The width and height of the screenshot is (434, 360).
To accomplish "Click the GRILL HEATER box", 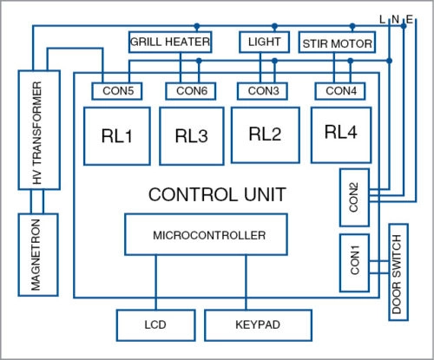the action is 170,42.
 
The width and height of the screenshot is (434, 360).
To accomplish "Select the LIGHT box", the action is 265,42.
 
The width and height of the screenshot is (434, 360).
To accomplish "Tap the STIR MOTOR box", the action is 337,43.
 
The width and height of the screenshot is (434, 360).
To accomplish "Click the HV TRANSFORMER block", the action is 39,130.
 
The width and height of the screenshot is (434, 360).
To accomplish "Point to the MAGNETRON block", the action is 38,255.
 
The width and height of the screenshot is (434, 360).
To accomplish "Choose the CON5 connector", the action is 117,91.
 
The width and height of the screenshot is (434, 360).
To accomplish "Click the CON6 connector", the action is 191,91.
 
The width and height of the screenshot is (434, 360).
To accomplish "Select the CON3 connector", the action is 262,91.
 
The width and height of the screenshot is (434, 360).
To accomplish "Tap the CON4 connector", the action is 340,91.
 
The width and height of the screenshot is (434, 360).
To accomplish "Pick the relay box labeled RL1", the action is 117,136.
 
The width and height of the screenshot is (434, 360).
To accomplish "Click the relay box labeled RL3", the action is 192,136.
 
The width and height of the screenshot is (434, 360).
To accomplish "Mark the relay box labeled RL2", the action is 266,135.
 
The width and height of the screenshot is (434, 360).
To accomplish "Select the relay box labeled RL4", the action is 341,135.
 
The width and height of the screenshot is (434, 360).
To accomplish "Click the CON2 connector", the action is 354,198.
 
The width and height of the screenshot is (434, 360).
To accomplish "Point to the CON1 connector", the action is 354,263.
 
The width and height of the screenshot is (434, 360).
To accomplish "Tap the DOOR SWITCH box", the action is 398,272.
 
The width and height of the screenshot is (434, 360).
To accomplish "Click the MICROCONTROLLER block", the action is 206,234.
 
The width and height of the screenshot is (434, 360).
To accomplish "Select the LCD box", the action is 156,325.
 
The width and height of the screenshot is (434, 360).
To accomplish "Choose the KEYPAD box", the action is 258,325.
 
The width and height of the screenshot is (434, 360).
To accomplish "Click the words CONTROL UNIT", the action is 217,194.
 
